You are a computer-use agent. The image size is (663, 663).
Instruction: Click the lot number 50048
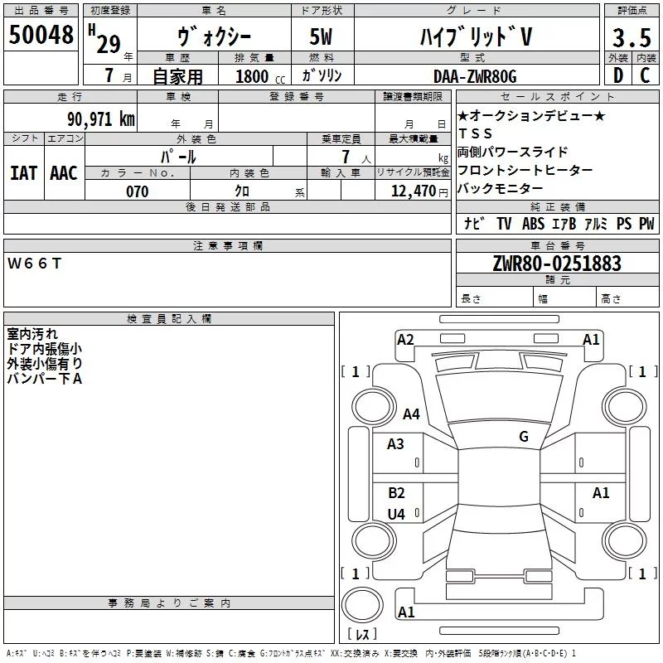coord(41,34)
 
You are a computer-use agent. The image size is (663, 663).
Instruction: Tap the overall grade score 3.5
coord(632,37)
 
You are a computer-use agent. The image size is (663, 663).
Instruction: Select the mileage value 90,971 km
coord(101,119)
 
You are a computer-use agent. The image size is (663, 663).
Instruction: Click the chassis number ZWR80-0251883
coord(557,264)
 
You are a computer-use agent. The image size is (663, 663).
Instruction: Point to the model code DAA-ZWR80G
coord(475,76)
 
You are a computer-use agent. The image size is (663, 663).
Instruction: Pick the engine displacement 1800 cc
coord(260,76)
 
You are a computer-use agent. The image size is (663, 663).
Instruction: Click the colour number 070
coord(138,191)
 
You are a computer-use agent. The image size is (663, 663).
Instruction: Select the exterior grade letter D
coord(618,75)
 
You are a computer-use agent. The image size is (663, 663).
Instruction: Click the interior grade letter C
coord(645,75)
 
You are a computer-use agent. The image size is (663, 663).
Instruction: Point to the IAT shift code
coord(23,173)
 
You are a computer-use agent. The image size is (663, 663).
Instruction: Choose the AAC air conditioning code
coord(64,173)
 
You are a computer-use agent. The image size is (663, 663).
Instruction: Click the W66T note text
coord(34,264)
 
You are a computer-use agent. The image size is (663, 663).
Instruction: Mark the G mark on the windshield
coord(524,437)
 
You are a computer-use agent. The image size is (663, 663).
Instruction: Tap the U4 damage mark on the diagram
coord(396,514)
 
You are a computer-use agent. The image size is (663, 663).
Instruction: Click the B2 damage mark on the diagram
coord(396,492)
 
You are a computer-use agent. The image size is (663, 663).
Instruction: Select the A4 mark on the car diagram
coord(411,414)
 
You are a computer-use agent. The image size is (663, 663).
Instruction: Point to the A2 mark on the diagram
coord(405,340)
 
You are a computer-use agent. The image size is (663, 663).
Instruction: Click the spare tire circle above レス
coord(362,605)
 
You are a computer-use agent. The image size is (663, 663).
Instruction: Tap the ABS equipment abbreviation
coord(533,224)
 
